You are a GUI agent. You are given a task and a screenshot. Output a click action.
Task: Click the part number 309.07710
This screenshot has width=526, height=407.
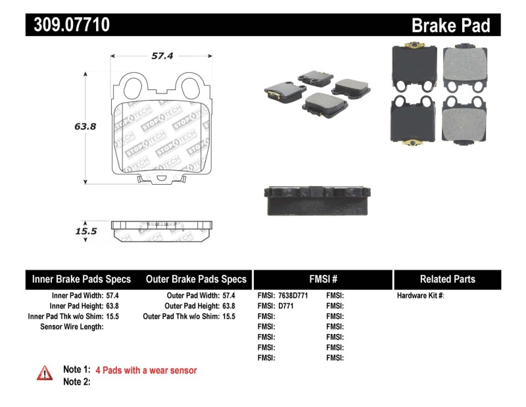(68, 25)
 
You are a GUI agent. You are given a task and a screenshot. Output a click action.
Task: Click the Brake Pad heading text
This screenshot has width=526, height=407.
(450, 26)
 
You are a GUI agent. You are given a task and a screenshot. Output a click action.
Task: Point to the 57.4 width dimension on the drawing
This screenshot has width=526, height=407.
(162, 57)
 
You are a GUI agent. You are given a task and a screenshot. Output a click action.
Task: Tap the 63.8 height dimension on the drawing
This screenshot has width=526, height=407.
(85, 126)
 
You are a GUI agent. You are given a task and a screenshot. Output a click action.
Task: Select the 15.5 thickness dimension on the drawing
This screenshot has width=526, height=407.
(85, 231)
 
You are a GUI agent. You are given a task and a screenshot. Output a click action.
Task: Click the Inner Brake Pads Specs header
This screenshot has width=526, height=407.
(82, 279)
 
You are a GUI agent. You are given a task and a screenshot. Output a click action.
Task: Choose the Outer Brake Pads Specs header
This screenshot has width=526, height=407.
(196, 279)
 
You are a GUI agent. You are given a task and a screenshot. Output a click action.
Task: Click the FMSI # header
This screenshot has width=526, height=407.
(323, 279)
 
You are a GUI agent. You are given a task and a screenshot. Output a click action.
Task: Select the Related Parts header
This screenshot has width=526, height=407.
(448, 279)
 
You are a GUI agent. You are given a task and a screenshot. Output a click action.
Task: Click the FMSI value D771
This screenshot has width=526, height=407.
(285, 306)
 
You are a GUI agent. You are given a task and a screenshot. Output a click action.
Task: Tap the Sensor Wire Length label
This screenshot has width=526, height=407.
(72, 326)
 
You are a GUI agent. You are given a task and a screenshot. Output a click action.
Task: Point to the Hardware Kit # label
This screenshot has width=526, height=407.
(421, 296)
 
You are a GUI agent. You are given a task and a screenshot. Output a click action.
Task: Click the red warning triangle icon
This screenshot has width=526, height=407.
(45, 373)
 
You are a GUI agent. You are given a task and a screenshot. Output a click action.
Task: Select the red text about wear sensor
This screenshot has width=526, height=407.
(146, 370)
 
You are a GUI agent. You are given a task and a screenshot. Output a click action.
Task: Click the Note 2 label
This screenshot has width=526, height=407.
(76, 381)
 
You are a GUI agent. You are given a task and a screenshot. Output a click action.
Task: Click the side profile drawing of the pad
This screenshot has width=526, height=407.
(162, 231)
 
